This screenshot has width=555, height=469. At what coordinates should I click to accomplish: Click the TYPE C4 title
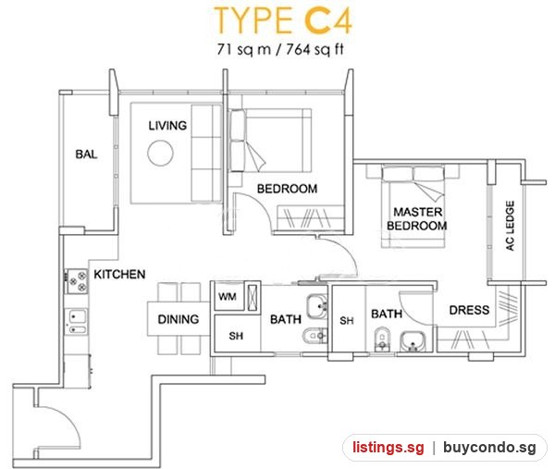point(283,20)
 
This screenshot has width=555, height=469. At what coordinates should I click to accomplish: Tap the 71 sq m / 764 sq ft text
point(280,49)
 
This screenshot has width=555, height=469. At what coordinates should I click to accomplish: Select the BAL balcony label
point(86,154)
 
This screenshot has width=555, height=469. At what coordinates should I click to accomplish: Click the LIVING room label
point(167,125)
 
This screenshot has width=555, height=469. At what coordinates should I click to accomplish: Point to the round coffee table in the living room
point(160,153)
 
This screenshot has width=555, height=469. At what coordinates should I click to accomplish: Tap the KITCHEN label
point(119,275)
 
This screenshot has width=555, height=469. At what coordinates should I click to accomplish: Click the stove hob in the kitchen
point(76,281)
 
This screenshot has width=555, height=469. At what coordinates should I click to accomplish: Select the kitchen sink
point(76,322)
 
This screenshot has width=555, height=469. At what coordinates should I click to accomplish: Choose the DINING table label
point(179,319)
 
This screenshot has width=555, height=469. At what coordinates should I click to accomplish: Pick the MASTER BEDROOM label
point(417,218)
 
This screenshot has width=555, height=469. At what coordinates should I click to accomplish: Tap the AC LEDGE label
point(510,226)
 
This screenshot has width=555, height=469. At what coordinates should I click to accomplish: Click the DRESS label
point(469,310)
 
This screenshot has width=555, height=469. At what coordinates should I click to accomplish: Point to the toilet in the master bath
point(382,339)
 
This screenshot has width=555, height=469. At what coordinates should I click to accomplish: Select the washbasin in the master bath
point(413,341)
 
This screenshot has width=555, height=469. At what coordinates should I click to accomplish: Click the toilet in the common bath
point(314,336)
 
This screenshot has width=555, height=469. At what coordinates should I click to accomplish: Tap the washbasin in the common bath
point(317,306)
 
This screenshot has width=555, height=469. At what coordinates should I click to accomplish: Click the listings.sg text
point(388,448)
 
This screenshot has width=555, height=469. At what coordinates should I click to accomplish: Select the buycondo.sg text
point(489,448)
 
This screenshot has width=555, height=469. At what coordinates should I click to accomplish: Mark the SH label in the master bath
point(347,321)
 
